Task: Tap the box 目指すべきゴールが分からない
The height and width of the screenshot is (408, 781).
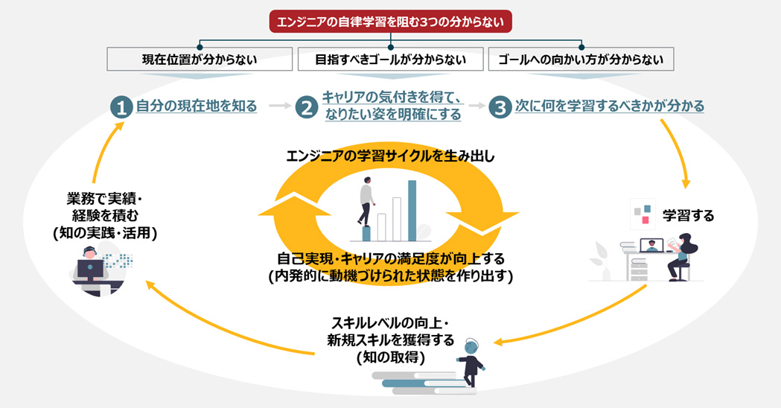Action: coord(391,60)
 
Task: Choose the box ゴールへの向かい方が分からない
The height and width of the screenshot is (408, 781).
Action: coord(581,60)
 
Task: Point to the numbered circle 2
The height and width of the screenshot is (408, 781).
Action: coord(306,107)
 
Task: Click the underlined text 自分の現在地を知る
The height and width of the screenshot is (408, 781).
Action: coord(197,106)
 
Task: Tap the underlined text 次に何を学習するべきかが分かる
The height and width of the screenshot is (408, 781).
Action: coord(609,106)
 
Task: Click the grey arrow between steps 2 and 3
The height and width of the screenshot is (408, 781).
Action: coord(475,106)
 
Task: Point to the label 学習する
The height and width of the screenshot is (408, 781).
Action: coord(688,217)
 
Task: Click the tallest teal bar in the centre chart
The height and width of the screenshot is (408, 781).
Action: coord(412,210)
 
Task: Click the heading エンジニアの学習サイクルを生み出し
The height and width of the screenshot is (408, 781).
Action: coord(390,156)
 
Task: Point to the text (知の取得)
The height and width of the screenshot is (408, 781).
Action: coord(390,357)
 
